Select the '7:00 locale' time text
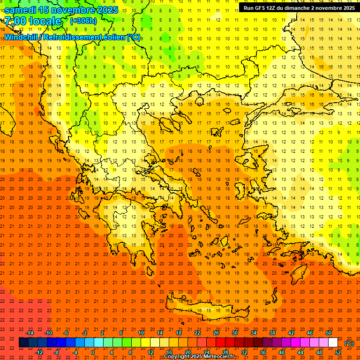(x=33, y=21)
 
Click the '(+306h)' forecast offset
(x=83, y=21)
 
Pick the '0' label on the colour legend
(x=93, y=352)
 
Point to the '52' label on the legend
(x=338, y=352)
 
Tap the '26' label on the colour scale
(x=216, y=333)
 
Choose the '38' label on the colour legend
(x=272, y=333)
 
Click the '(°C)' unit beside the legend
(x=349, y=343)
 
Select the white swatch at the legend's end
(x=333, y=343)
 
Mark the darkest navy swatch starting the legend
(x=23, y=343)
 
